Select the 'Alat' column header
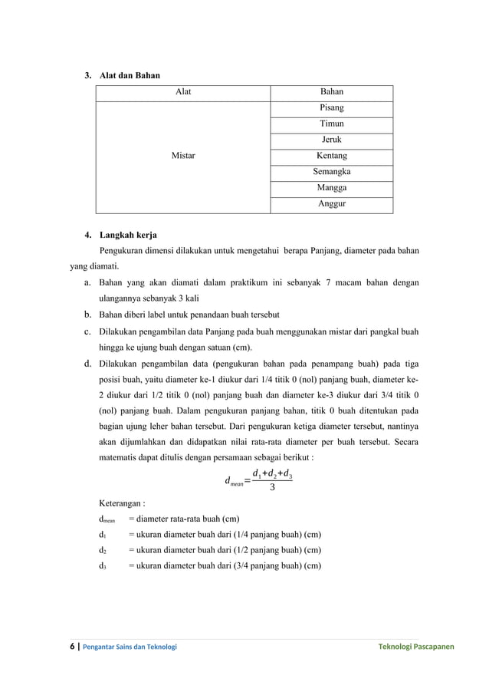pos(183,92)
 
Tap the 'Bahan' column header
pos(331,92)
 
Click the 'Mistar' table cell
pos(183,156)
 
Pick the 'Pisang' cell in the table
pos(331,108)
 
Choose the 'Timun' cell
pos(331,124)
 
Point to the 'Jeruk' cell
pos(331,140)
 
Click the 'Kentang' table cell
pos(331,156)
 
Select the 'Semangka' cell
pos(331,172)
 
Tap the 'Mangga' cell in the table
pos(331,188)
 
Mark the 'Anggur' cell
pos(331,204)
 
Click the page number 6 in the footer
pos(73,647)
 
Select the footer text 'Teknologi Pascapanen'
pos(415,647)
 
